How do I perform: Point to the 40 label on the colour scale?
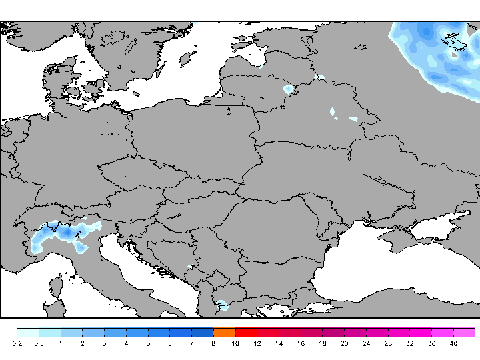pyautogui.click(x=453, y=344)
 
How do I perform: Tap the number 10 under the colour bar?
pyautogui.click(x=235, y=344)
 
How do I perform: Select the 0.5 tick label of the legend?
pyautogui.click(x=39, y=344)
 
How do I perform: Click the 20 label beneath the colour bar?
pyautogui.click(x=344, y=344)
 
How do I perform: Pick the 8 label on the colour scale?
pyautogui.click(x=213, y=344)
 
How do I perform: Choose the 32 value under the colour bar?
pyautogui.click(x=409, y=344)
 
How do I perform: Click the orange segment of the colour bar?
pyautogui.click(x=225, y=332)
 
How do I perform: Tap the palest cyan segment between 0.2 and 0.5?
pyautogui.click(x=28, y=332)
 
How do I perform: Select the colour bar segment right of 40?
pyautogui.click(x=465, y=332)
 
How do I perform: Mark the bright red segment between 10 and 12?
pyautogui.click(x=246, y=332)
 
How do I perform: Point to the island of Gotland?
pyautogui.click(x=187, y=59)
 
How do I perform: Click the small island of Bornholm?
pyautogui.click(x=136, y=94)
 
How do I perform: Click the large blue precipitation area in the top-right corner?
pyautogui.click(x=440, y=53)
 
